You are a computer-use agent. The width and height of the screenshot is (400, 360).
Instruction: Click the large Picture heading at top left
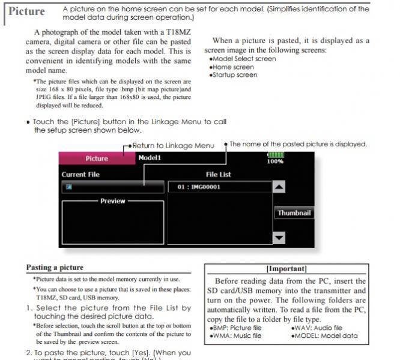tap(26, 11)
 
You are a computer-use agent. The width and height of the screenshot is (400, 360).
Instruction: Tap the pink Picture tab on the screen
tap(96, 158)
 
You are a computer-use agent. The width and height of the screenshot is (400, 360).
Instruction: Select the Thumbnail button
tap(294, 213)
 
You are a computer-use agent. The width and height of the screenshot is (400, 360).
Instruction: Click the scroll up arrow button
tap(279, 187)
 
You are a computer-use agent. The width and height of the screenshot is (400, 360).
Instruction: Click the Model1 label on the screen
tap(150, 158)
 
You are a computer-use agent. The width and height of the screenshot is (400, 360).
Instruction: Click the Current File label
tap(81, 175)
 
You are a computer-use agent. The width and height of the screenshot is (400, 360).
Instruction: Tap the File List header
tap(218, 175)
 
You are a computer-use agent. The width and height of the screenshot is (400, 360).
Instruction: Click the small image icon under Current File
tap(70, 187)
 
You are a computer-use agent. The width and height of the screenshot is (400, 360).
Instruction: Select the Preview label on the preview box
tap(112, 201)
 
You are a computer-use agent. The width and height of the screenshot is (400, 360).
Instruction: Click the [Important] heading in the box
tap(286, 269)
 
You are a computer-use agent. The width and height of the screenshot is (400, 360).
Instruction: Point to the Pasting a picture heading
tap(55, 268)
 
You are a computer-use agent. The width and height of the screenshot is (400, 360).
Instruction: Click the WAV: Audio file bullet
tap(319, 328)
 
